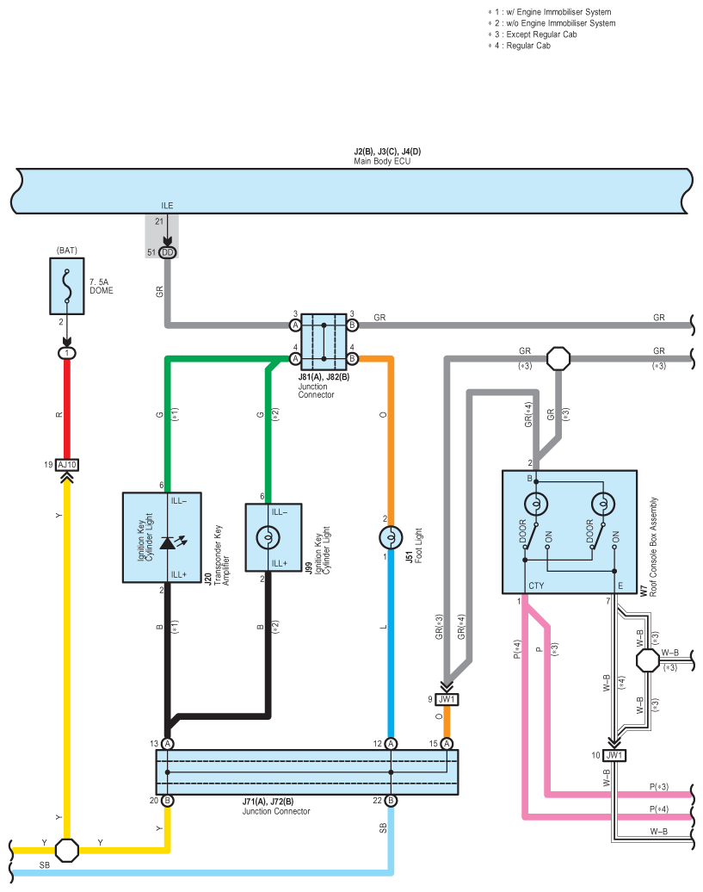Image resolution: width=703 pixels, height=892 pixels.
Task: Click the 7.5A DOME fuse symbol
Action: (x=67, y=286)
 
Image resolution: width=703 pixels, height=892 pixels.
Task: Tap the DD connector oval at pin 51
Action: (x=168, y=252)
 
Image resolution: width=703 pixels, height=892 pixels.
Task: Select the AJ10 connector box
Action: (x=67, y=465)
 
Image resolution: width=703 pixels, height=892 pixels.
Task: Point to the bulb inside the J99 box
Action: (x=268, y=537)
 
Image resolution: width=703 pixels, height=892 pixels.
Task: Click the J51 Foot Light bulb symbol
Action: (x=391, y=537)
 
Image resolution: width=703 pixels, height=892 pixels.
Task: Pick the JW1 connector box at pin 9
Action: (x=447, y=699)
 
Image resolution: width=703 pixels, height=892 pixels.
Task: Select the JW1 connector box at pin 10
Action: (x=614, y=755)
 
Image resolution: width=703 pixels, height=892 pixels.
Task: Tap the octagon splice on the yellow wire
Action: (x=67, y=851)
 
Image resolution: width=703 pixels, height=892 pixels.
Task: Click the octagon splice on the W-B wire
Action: (x=647, y=660)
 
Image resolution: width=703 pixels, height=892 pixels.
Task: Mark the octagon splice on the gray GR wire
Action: (x=558, y=359)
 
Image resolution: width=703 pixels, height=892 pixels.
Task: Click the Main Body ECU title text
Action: (x=382, y=161)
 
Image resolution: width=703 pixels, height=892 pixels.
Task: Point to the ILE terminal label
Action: (x=167, y=206)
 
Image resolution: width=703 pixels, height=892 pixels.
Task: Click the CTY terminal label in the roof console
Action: (x=536, y=585)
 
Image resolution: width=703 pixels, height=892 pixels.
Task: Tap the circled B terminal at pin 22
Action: (x=391, y=801)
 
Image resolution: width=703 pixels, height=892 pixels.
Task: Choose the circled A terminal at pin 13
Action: (x=167, y=744)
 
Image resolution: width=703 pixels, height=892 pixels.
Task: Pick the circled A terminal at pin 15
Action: (x=447, y=744)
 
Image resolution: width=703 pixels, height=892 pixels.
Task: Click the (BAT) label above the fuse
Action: (x=67, y=251)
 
